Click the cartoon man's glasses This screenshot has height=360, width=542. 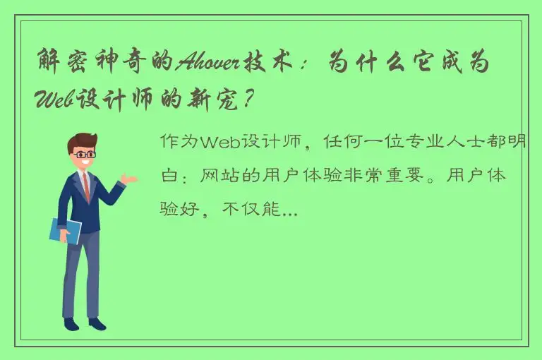[x=85, y=153]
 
